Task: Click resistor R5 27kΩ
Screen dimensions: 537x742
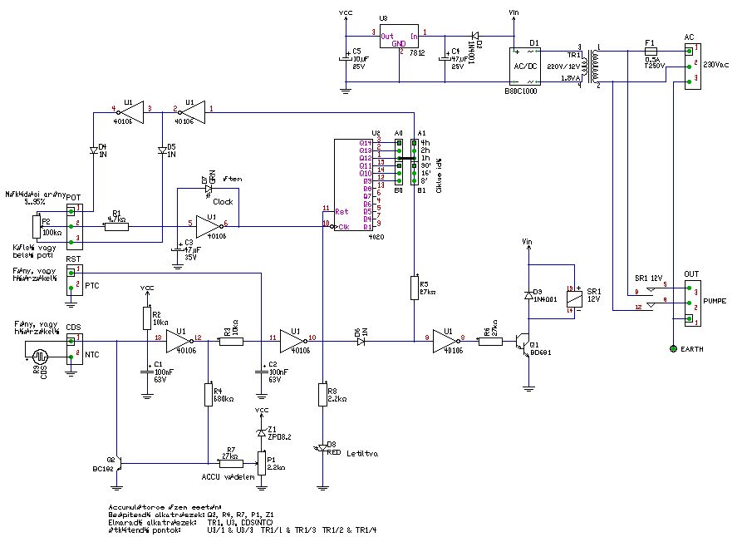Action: tap(413, 288)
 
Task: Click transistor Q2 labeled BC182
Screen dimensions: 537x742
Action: tap(119, 462)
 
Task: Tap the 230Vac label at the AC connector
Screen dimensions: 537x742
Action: tap(715, 64)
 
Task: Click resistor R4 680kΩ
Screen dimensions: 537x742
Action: tap(207, 394)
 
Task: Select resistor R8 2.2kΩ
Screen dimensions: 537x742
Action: tap(322, 394)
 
